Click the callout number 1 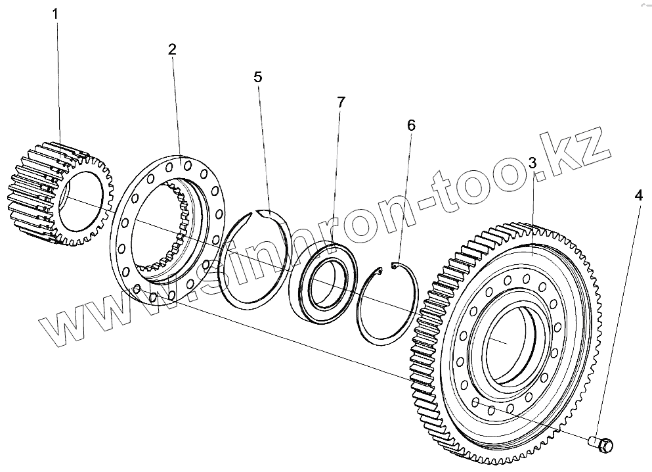coord(55,13)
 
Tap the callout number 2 coord(172,50)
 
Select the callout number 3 coord(532,162)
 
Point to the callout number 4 coord(638,195)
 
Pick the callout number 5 coord(258,77)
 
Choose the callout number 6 coord(411,126)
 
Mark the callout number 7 coord(341,103)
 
